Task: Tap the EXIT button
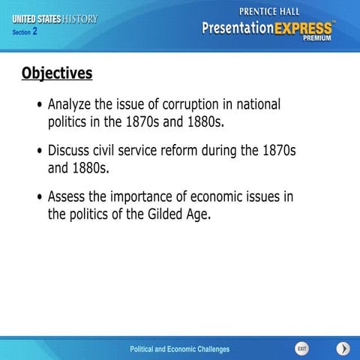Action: coord(301,349)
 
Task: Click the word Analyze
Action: coord(73,105)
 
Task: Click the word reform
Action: coord(195,151)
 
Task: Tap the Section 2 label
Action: coord(25,32)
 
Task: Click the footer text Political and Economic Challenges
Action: coord(179,349)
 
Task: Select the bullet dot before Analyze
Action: coord(40,106)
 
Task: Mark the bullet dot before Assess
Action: coord(40,198)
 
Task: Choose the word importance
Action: coord(145,197)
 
